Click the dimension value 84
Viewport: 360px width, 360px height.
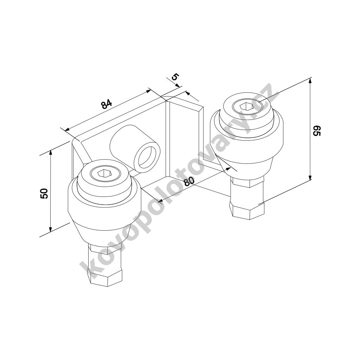[x=106, y=104]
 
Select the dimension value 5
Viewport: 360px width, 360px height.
[x=174, y=76]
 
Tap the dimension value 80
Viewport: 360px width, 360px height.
[x=189, y=181]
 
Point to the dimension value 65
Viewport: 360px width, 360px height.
[x=316, y=130]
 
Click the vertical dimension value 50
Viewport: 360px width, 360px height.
[x=44, y=193]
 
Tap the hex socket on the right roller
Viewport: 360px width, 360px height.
[x=246, y=106]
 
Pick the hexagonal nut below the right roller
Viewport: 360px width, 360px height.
[x=247, y=211]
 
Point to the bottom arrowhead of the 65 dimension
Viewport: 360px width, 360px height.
[x=310, y=177]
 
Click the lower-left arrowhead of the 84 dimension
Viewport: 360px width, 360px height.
[x=67, y=129]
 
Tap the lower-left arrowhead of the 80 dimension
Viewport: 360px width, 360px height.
[x=160, y=201]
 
